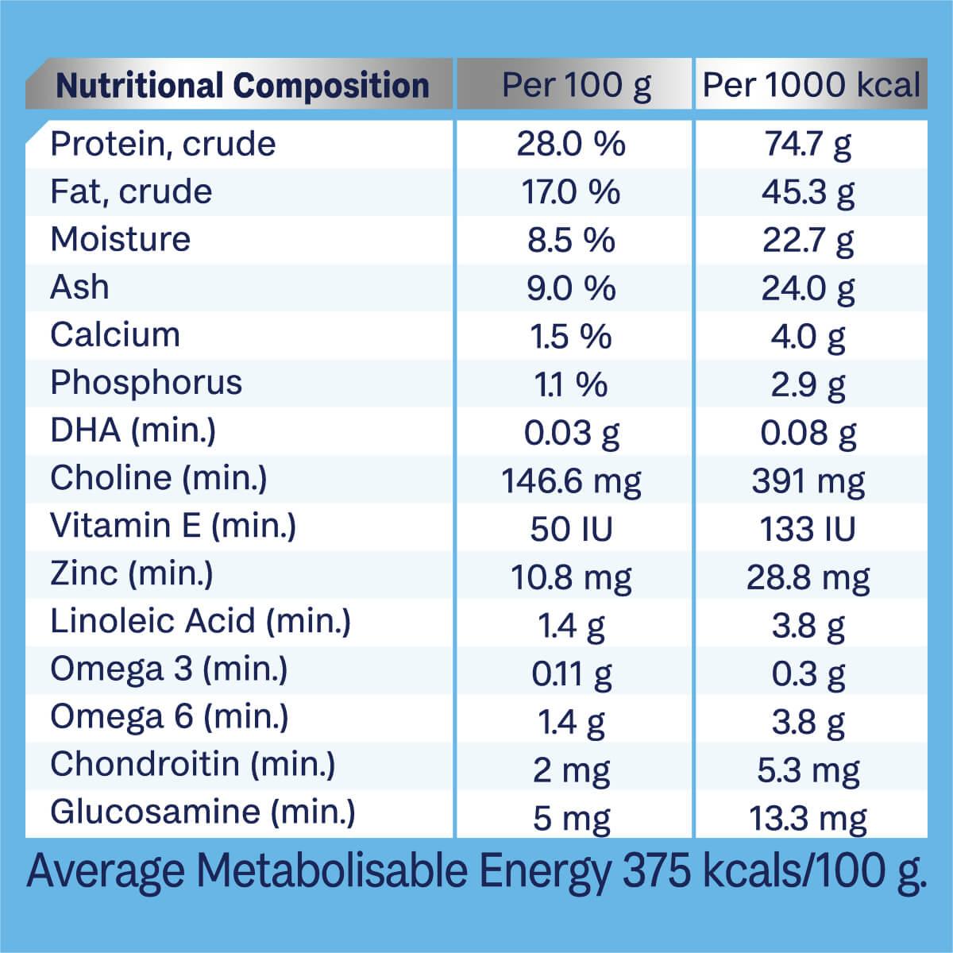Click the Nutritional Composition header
[x=242, y=85]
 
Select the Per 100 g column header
[x=576, y=85]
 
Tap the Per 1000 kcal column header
[x=811, y=85]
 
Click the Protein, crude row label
[x=163, y=144]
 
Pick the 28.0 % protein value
[x=571, y=145]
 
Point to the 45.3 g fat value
[x=808, y=192]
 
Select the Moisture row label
[x=121, y=239]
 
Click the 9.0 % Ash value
[x=571, y=288]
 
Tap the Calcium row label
[x=115, y=334]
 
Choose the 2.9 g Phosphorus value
[x=808, y=384]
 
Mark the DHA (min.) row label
[x=133, y=430]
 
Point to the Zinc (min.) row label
[x=132, y=573]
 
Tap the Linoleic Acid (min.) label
[x=200, y=621]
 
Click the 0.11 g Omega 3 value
[x=571, y=673]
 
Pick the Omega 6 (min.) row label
[x=169, y=716]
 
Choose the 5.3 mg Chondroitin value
[x=808, y=770]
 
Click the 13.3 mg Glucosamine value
[x=808, y=817]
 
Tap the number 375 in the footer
[x=657, y=872]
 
